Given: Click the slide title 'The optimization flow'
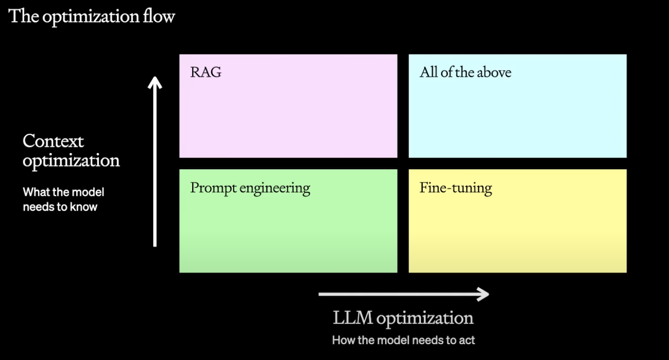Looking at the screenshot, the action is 91,17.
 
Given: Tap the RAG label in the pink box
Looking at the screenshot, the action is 206,72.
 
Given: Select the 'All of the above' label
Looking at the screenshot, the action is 466,72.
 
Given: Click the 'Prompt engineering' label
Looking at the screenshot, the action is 250,189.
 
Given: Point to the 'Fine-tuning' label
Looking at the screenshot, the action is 456,189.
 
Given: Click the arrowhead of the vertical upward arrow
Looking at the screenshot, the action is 155,82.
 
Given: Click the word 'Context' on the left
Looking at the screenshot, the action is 53,141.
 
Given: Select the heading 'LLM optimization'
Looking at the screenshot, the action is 403,318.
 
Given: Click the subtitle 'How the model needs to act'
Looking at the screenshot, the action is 403,340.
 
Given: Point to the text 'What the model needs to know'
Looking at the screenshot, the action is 63,199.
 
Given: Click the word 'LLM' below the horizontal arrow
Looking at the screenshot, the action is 353,318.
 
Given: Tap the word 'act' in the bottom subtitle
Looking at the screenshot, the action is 466,341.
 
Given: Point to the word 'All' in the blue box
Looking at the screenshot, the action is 429,72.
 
